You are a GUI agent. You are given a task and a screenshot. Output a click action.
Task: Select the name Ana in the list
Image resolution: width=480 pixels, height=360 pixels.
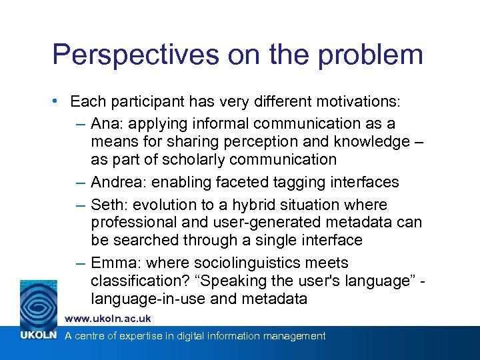coord(103,123)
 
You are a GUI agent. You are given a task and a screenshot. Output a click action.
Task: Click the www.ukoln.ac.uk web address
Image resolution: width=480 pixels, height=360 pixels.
coord(108,319)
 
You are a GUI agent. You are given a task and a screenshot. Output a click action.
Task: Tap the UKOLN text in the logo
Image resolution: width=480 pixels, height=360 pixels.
coord(37,335)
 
